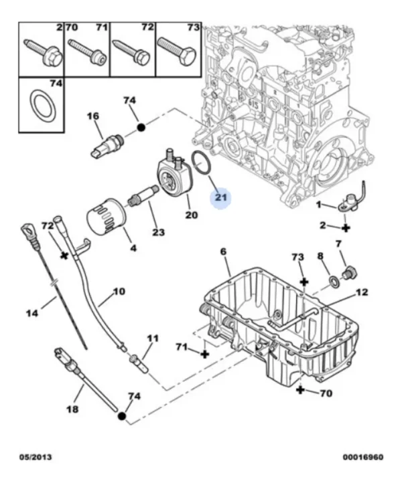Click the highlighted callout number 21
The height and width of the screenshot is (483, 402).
tap(220, 197)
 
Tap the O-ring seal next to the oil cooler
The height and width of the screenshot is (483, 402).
tap(200, 164)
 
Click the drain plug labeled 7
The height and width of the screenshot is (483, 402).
tap(350, 272)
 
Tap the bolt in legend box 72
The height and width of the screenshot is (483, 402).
tap(131, 52)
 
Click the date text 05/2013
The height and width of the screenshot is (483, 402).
tap(36, 457)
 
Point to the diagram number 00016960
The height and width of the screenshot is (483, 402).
tap(363, 457)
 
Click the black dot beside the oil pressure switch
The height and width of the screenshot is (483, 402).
tap(141, 127)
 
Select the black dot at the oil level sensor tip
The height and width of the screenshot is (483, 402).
tap(122, 417)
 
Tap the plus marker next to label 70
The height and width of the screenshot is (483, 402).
tap(300, 390)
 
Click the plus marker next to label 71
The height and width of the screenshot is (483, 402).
tap(204, 354)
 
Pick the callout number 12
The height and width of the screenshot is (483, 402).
tap(362, 292)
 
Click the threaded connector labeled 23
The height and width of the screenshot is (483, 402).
tap(143, 197)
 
